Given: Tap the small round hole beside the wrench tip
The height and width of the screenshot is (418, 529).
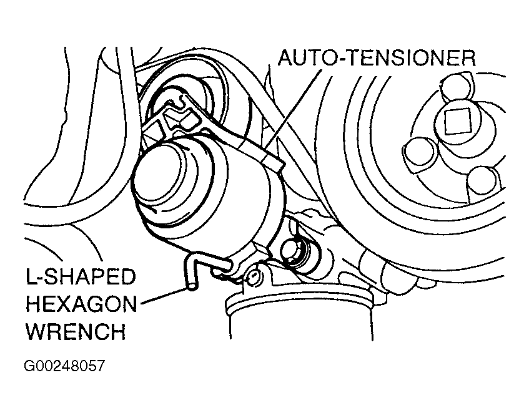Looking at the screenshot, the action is (253, 275).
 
